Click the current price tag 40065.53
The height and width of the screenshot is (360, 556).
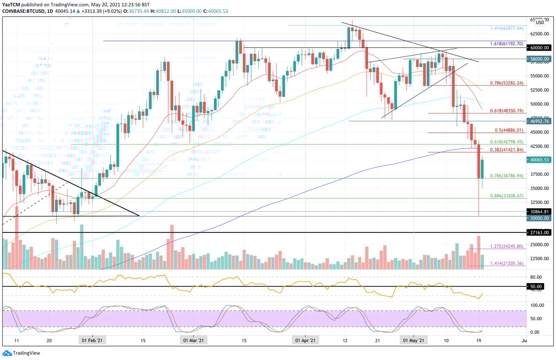pos(540,160)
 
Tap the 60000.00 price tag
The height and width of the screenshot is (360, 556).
pos(540,48)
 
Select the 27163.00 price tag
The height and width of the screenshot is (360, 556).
pos(540,232)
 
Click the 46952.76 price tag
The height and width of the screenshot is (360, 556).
pos(540,121)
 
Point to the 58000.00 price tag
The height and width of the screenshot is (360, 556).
pos(540,59)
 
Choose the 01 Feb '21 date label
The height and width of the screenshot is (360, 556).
pos(92,341)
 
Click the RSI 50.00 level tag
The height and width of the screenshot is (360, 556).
pos(536,286)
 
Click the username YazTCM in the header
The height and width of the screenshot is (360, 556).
pos(11,4)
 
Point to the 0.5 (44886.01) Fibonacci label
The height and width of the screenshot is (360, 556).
pos(509,130)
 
